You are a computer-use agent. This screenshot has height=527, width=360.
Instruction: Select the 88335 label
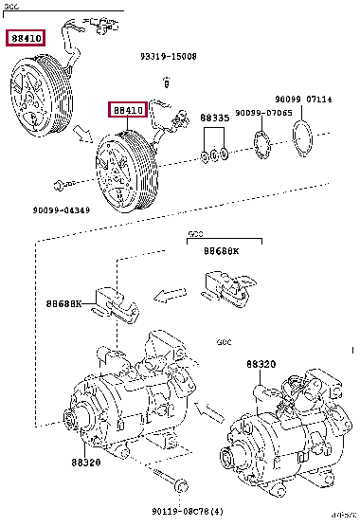[x=215, y=118]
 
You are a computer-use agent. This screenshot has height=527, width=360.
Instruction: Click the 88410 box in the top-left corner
[x=25, y=39]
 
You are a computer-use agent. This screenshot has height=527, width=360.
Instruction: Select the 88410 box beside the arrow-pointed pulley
[x=128, y=110]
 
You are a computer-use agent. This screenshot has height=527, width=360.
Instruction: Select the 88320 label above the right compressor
[x=261, y=363]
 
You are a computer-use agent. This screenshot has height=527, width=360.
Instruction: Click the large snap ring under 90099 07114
[x=305, y=139]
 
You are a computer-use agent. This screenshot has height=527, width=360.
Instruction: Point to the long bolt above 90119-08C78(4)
[x=178, y=486]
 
